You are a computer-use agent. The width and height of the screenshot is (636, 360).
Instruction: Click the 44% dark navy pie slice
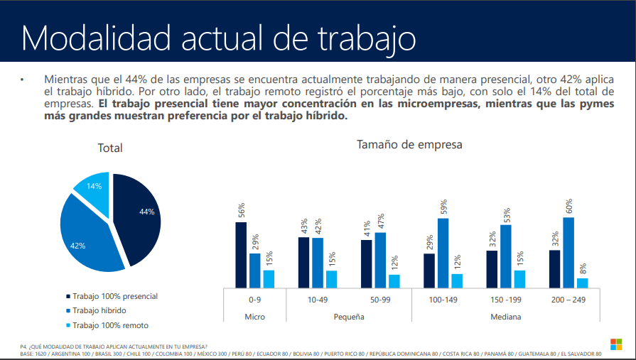click(139, 213)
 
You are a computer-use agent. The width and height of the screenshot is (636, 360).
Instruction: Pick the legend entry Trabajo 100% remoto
click(111, 325)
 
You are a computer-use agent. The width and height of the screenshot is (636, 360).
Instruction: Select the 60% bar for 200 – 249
click(568, 252)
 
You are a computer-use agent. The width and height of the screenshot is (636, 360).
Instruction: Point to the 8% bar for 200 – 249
click(582, 283)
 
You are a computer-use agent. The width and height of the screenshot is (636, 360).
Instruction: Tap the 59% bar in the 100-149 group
click(443, 253)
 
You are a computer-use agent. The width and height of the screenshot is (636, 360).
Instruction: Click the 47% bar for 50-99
click(380, 260)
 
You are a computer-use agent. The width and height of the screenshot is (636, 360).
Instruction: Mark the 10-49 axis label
click(318, 300)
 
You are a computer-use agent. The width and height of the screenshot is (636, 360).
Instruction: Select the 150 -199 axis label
click(505, 300)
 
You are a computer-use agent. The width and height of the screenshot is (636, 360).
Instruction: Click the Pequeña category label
click(349, 317)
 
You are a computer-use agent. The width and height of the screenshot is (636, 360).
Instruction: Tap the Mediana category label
click(505, 317)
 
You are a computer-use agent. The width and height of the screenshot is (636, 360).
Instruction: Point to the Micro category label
click(254, 317)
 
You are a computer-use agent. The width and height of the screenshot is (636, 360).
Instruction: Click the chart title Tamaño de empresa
click(409, 145)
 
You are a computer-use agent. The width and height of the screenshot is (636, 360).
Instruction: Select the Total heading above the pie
click(110, 148)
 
